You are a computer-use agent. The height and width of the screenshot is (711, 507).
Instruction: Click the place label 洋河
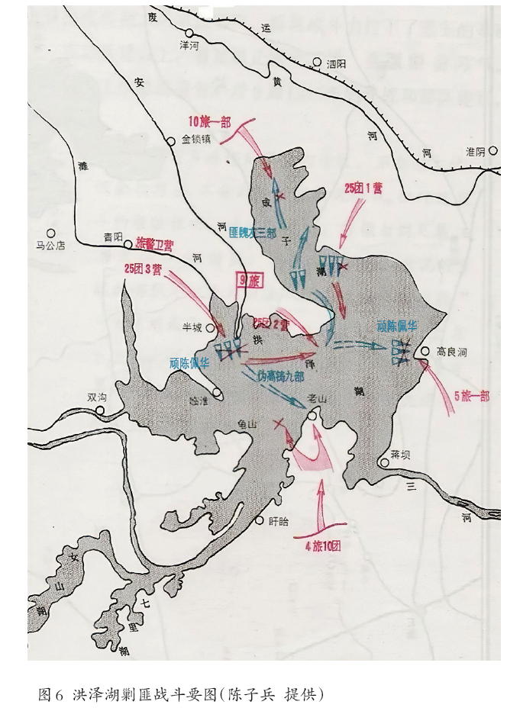pyautogui.click(x=189, y=47)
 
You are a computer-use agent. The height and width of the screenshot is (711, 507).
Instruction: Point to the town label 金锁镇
pyautogui.click(x=201, y=140)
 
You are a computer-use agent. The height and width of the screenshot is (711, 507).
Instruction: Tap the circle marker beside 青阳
pyautogui.click(x=128, y=238)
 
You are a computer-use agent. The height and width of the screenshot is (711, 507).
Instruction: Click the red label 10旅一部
pyautogui.click(x=210, y=121)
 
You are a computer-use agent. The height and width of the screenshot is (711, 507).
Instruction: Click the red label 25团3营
pyautogui.click(x=143, y=269)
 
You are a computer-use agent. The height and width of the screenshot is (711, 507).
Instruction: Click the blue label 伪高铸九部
pyautogui.click(x=283, y=376)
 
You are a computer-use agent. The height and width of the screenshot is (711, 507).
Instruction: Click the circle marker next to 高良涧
pyautogui.click(x=425, y=352)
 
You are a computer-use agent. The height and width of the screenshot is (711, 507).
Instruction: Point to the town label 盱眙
pyautogui.click(x=279, y=522)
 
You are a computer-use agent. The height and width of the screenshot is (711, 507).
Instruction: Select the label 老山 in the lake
pyautogui.click(x=316, y=399)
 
